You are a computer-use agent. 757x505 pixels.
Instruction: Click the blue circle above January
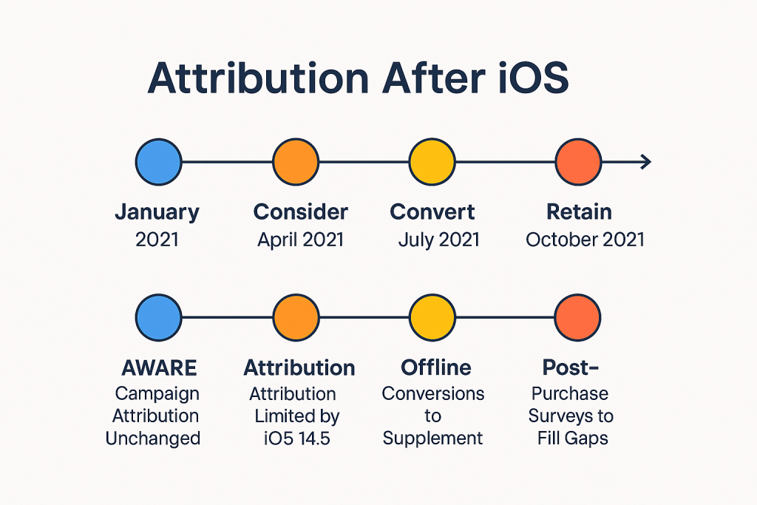[158, 162]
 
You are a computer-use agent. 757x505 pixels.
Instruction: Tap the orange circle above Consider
[296, 162]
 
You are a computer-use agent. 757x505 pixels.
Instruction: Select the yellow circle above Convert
[432, 162]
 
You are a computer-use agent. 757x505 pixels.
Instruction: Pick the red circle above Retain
[578, 162]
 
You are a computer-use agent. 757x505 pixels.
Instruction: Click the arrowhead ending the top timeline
[645, 162]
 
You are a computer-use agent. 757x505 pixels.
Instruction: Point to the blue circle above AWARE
[158, 317]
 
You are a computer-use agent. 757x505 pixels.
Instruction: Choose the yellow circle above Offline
[432, 317]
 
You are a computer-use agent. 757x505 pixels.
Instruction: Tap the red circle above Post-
[578, 317]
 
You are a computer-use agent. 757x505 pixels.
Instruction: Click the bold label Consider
[301, 212]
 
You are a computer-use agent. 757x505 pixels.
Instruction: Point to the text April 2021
[301, 240]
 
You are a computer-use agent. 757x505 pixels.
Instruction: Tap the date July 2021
[438, 240]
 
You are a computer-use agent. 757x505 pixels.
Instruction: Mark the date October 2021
[585, 240]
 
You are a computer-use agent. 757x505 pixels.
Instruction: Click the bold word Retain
[579, 212]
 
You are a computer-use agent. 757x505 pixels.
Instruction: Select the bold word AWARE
[160, 367]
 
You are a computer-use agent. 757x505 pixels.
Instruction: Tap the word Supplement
[433, 438]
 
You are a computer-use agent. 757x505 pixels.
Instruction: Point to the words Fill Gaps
[573, 438]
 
